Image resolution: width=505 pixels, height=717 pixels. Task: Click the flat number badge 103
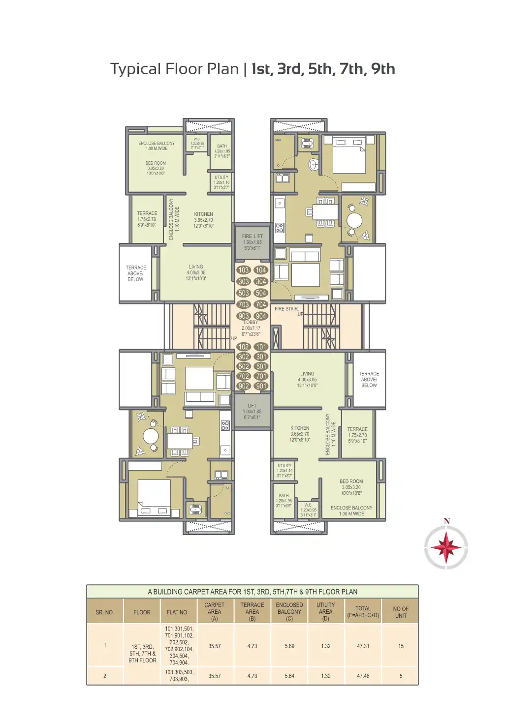(x=243, y=270)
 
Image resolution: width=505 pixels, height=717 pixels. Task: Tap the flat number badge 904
(x=261, y=316)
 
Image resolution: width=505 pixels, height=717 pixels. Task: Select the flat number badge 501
(x=261, y=366)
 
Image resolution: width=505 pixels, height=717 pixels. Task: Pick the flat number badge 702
(x=244, y=376)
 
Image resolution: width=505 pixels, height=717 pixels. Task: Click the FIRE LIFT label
(x=252, y=237)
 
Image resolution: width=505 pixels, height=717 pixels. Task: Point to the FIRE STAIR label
(x=286, y=309)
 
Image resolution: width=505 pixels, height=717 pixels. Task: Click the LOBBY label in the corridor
(x=251, y=323)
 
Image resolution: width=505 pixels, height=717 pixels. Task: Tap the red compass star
(x=446, y=547)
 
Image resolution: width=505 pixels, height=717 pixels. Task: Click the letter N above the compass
(x=446, y=522)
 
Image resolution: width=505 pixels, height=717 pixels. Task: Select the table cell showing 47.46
(x=363, y=676)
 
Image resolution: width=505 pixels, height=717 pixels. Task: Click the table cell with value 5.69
(x=289, y=646)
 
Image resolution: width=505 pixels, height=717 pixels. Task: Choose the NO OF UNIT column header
(x=401, y=612)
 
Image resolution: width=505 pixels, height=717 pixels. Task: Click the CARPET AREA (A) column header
(x=214, y=612)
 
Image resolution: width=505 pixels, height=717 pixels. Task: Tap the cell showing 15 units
(x=401, y=646)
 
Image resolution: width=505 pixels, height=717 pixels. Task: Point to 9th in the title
(x=383, y=69)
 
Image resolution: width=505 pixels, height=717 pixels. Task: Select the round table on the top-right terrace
(x=354, y=219)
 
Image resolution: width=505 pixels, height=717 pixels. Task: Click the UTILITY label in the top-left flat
(x=221, y=178)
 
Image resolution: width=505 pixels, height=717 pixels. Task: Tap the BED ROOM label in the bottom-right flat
(x=351, y=482)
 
